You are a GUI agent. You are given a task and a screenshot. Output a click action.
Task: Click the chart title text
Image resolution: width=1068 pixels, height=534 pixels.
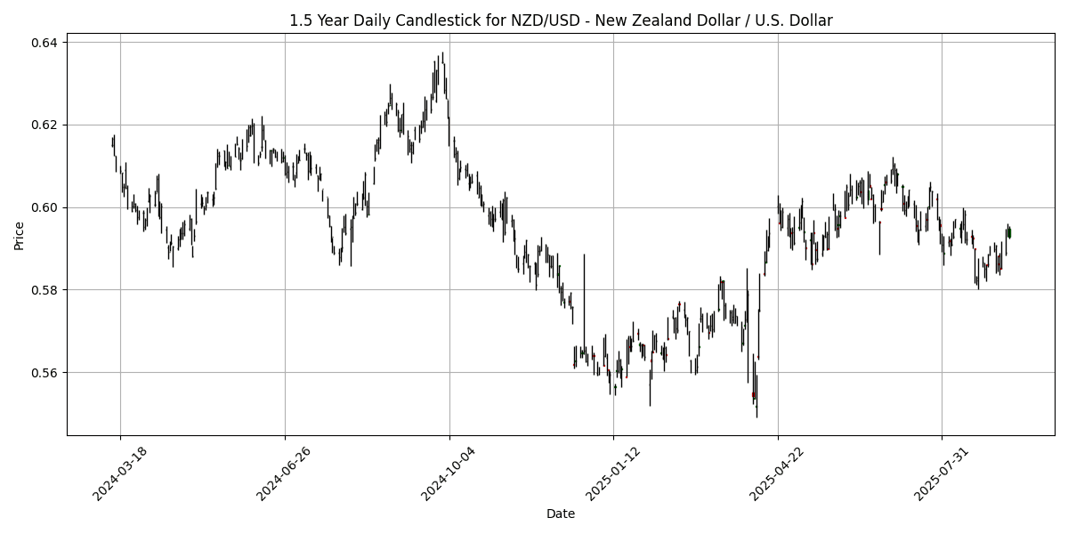pyautogui.click(x=561, y=20)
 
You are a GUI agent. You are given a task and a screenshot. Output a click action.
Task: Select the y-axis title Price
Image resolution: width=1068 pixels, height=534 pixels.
pyautogui.click(x=20, y=235)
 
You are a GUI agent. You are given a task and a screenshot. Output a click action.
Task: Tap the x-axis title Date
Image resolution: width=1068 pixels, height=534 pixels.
pyautogui.click(x=561, y=514)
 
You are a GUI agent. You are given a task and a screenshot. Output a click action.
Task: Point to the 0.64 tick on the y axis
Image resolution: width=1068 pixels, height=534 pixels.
pyautogui.click(x=44, y=43)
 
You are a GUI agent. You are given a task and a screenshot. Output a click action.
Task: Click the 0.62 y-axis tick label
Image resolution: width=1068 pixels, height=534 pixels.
pyautogui.click(x=44, y=125)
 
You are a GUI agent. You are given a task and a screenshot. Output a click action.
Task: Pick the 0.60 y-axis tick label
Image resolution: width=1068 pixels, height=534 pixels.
pyautogui.click(x=44, y=207)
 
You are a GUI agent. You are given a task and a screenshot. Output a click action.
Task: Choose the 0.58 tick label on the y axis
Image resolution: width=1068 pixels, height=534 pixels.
pyautogui.click(x=44, y=290)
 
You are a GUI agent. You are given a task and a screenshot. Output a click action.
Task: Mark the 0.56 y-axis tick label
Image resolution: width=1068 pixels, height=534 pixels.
pyautogui.click(x=44, y=372)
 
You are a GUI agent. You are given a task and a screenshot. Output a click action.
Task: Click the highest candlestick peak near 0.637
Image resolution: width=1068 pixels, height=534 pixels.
pyautogui.click(x=442, y=53)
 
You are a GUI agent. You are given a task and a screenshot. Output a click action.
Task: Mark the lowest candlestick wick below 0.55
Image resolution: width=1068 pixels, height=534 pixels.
pyautogui.click(x=756, y=416)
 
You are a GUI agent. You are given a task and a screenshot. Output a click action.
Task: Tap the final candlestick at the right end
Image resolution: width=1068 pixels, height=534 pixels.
pyautogui.click(x=1010, y=233)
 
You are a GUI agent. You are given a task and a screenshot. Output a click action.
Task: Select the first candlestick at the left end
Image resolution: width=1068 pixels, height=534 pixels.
pyautogui.click(x=112, y=142)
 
